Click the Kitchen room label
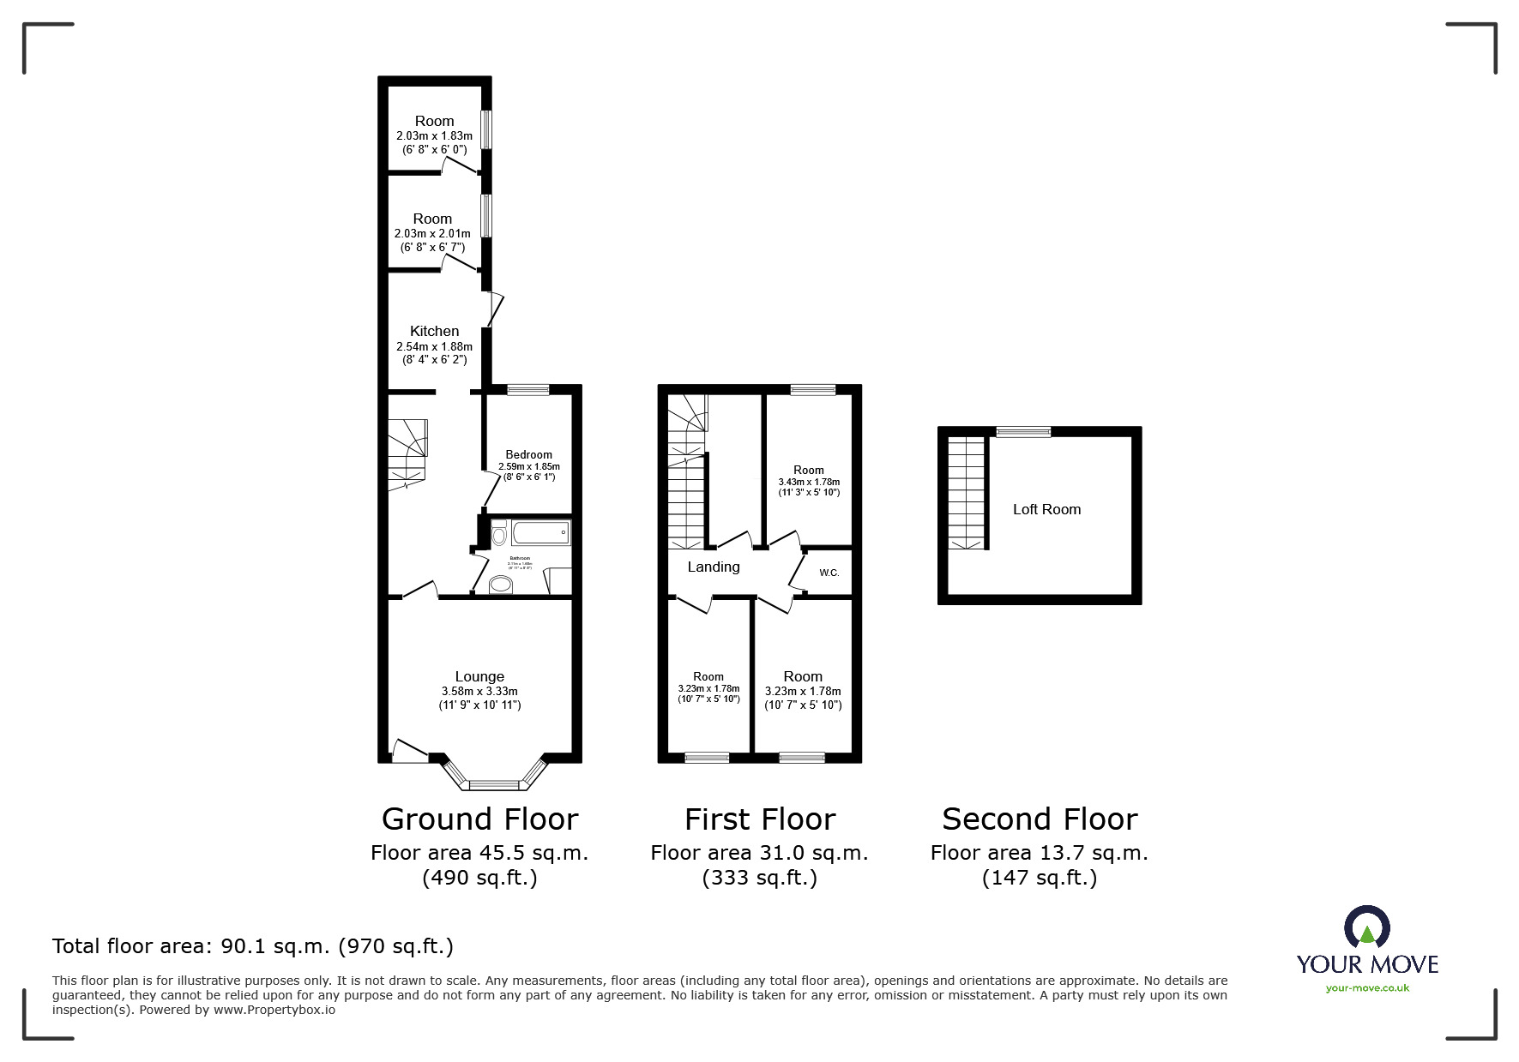coord(434,331)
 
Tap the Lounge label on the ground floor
coord(479,676)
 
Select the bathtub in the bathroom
coord(540,533)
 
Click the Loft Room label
coord(1046,509)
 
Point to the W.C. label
coord(829,573)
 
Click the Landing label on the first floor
coord(713,567)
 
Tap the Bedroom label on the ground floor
coord(528,454)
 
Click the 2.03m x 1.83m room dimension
coord(434,135)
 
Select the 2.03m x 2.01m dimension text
coord(432,233)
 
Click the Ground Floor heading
coord(479,819)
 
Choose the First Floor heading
coord(759,819)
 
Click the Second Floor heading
coord(1040,819)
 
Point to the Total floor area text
coord(253,946)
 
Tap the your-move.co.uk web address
coord(1367,988)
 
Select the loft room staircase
coord(967,493)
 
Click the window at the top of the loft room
coord(1022,432)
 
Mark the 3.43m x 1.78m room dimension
coord(809,482)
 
